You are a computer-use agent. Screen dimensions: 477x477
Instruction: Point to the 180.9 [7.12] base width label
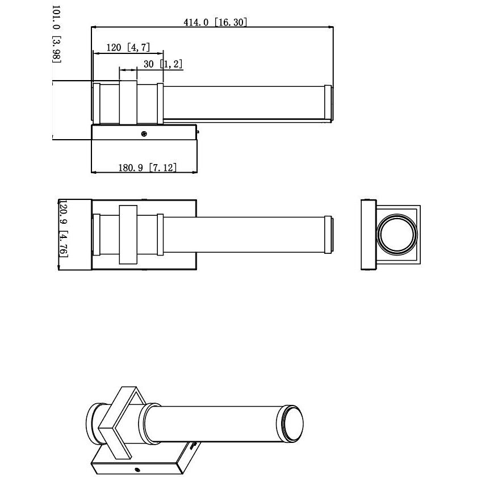click(x=147, y=167)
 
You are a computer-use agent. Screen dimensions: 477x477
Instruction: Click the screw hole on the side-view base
click(x=145, y=134)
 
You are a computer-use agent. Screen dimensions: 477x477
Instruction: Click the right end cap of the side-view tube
click(x=328, y=103)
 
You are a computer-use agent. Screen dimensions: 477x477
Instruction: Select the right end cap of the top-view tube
click(x=328, y=234)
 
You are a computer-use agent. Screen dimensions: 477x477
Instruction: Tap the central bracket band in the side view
click(x=128, y=103)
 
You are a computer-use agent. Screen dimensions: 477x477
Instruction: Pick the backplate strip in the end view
click(x=367, y=235)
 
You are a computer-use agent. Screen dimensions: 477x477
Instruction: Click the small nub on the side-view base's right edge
click(x=198, y=132)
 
